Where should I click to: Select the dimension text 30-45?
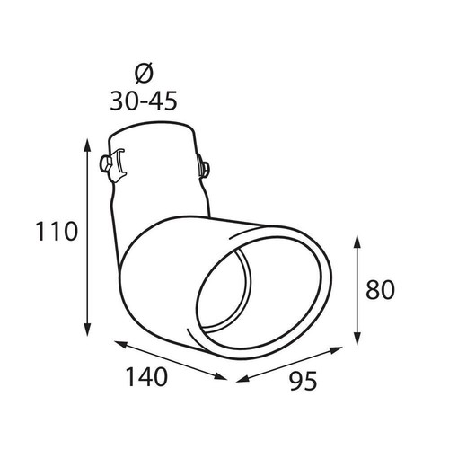tap(144, 101)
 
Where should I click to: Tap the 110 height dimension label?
tap(57, 231)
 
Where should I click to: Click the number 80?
tap(381, 289)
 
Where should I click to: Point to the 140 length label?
tap(146, 376)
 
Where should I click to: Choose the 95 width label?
tap(303, 381)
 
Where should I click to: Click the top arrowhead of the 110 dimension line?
tap(87, 146)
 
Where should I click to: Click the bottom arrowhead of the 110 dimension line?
tap(87, 329)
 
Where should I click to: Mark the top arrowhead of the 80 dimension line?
tap(357, 244)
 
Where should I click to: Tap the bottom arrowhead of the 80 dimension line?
tap(357, 338)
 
